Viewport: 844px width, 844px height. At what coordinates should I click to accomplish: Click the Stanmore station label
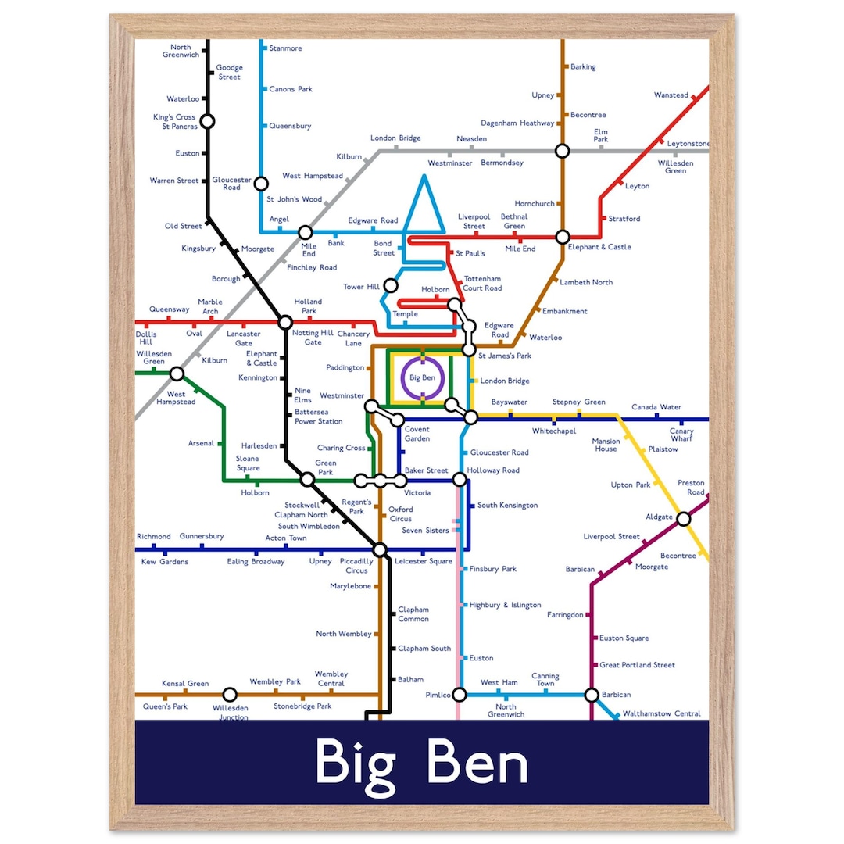[x=285, y=48]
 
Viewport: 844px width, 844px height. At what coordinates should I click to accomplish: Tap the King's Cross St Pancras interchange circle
[x=207, y=121]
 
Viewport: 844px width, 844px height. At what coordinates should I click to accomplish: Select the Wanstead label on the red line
[x=671, y=95]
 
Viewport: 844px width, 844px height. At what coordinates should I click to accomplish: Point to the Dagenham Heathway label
[x=517, y=123]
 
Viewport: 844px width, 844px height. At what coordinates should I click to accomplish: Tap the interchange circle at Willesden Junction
[x=230, y=695]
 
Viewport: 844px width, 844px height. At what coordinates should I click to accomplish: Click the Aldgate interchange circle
[x=683, y=519]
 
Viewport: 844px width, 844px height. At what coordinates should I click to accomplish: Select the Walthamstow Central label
[x=661, y=713]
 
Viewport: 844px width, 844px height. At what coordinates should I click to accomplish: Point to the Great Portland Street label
[x=637, y=665]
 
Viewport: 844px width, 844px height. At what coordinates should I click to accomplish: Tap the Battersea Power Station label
[x=318, y=417]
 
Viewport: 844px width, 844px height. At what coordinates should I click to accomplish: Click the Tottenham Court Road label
[x=482, y=284]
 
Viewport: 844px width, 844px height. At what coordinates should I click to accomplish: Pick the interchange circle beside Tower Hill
[x=391, y=286]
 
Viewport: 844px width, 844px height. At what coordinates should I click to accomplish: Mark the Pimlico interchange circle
[x=460, y=695]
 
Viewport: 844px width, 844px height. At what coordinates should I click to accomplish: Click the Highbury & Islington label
[x=505, y=605]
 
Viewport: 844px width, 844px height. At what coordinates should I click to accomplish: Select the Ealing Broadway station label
[x=256, y=562]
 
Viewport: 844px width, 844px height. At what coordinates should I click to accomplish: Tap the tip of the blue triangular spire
[x=424, y=177]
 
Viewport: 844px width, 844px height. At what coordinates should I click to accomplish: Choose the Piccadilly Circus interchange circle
[x=380, y=550]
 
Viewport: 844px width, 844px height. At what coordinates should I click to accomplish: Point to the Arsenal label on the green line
[x=201, y=443]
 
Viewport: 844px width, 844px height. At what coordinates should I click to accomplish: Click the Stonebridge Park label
[x=302, y=706]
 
